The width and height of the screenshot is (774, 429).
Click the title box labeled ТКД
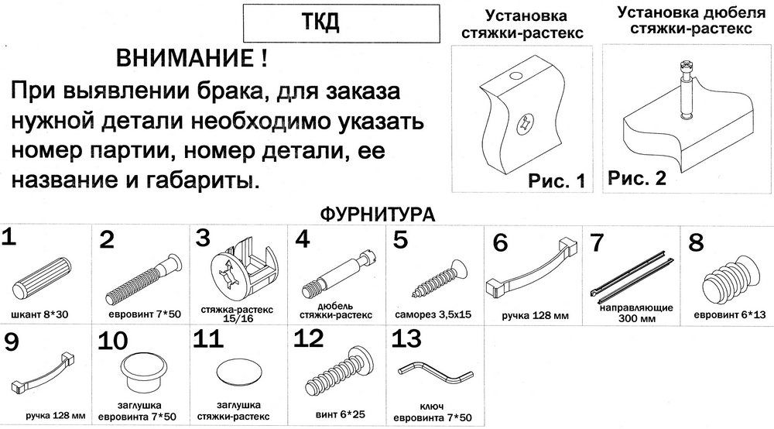(341, 23)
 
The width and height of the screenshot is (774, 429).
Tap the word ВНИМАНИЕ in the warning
(186, 59)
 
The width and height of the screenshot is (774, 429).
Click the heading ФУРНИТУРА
(378, 214)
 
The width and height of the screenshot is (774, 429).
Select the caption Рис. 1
(557, 180)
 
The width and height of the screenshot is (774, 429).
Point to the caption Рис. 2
(637, 178)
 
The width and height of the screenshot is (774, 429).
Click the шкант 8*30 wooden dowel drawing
(42, 277)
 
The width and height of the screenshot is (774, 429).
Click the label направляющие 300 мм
(637, 313)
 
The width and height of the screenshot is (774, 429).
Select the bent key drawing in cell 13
(435, 373)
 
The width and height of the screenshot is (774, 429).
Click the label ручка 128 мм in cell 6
(535, 315)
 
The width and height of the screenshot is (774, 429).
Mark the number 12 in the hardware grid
(309, 338)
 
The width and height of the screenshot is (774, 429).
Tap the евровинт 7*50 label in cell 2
(145, 314)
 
